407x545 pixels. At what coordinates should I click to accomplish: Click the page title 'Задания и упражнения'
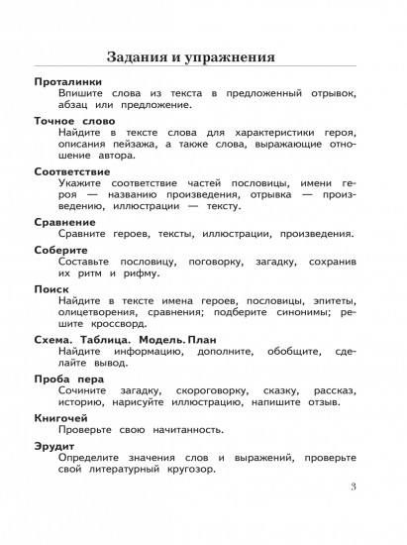tap(203, 54)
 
